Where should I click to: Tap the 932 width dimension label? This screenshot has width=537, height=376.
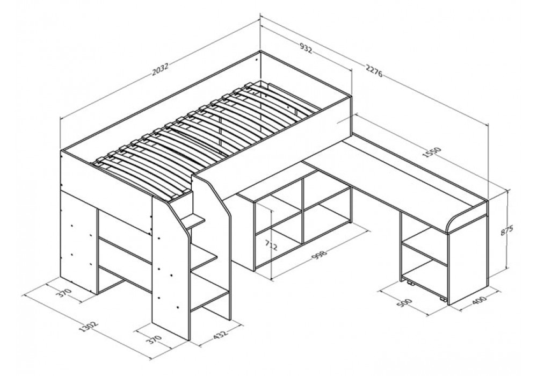point(306,48)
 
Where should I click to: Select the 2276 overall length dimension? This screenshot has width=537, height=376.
point(374,71)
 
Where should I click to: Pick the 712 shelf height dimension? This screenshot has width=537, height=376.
point(271,245)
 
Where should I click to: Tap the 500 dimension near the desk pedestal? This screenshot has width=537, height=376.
point(405,303)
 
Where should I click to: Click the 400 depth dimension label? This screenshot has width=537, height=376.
point(480,301)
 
